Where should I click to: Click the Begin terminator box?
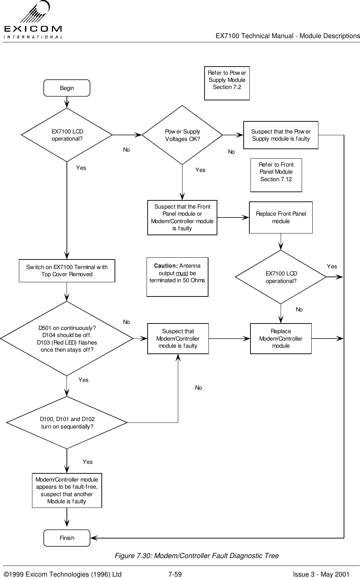(x=67, y=88)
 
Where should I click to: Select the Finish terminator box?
(x=67, y=538)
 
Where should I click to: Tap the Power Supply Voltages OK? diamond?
(x=182, y=135)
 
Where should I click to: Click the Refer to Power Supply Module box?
(x=227, y=83)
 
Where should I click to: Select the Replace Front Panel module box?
(x=281, y=217)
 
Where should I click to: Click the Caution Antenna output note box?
(x=177, y=277)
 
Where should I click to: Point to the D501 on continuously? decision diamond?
(x=67, y=338)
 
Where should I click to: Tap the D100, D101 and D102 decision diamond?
(x=67, y=423)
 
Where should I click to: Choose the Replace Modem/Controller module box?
(x=281, y=338)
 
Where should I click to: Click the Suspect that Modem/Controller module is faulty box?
(x=178, y=338)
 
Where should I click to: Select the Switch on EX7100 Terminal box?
(x=67, y=270)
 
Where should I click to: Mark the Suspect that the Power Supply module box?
(x=281, y=135)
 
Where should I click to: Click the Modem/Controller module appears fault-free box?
(x=67, y=490)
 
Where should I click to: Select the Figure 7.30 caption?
(x=196, y=556)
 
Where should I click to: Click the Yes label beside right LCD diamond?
(x=332, y=266)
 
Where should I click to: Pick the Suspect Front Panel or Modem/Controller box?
(x=182, y=217)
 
